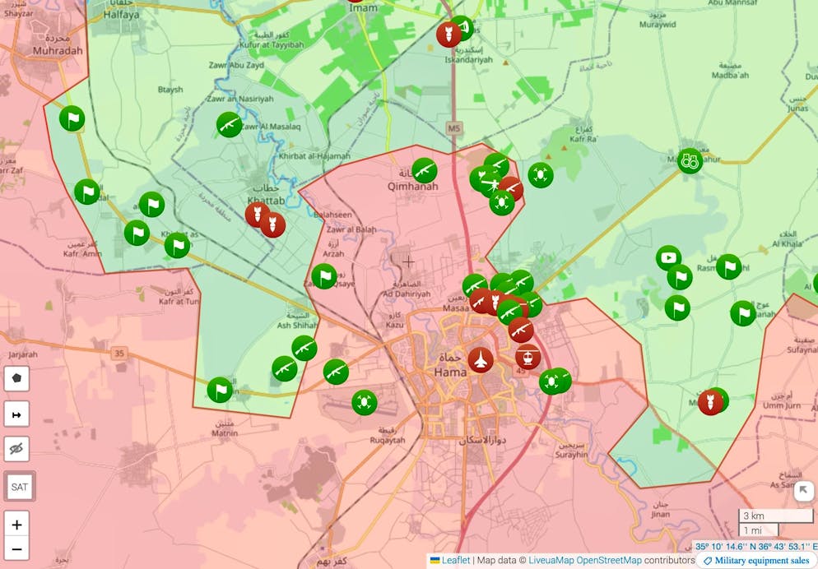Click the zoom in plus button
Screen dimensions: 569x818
[16, 524]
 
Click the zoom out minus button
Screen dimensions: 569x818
[16, 548]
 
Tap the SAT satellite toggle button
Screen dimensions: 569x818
[18, 486]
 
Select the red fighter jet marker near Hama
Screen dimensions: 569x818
[480, 359]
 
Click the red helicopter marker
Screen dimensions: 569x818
[528, 357]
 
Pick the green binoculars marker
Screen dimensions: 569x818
[690, 160]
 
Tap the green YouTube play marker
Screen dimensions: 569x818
[668, 258]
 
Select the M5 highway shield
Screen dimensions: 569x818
[454, 128]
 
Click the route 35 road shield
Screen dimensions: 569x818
[120, 354]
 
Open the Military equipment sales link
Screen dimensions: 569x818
[755, 561]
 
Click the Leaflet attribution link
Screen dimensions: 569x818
[456, 561]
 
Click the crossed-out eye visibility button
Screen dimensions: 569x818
[16, 449]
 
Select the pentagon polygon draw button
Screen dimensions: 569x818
[16, 378]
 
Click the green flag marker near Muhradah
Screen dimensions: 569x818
[72, 119]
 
